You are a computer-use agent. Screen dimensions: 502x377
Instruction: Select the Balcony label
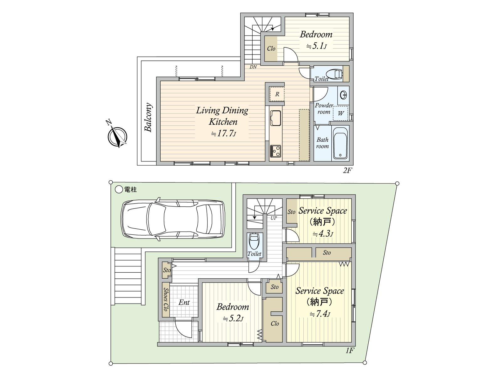tap(148, 117)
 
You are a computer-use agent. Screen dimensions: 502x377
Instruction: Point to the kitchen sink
tap(275, 118)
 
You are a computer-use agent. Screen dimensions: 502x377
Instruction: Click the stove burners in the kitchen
tap(275, 151)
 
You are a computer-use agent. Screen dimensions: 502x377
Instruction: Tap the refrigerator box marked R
tap(277, 94)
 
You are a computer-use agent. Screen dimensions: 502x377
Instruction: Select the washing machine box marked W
tap(340, 113)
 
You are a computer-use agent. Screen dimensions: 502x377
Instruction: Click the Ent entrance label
tap(184, 302)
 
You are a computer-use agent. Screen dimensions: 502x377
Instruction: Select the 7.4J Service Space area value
tap(320, 314)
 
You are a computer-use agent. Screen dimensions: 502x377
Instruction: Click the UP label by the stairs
tap(274, 218)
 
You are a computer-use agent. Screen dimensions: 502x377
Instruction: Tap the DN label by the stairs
tap(253, 67)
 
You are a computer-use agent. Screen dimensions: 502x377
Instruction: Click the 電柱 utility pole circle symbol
tap(119, 189)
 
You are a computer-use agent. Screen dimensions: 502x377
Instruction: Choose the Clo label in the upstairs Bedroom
tap(271, 48)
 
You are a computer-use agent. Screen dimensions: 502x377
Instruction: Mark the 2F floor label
tap(347, 171)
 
